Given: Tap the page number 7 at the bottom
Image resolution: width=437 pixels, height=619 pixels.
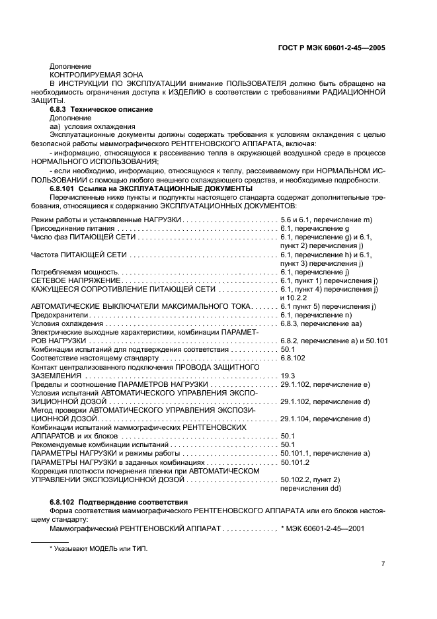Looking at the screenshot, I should coord(383,563).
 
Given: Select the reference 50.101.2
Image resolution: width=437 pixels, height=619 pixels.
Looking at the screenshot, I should coord(296,462).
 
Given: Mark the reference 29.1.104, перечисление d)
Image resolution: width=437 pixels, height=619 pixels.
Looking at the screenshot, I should coord(325,419).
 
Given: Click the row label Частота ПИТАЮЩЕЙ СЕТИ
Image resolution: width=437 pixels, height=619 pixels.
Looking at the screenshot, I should coord(79,255).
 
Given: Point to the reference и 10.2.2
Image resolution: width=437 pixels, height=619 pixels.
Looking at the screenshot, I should coord(296,298).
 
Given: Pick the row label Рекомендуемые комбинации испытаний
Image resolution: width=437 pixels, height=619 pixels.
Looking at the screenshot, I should coord(99,444).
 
